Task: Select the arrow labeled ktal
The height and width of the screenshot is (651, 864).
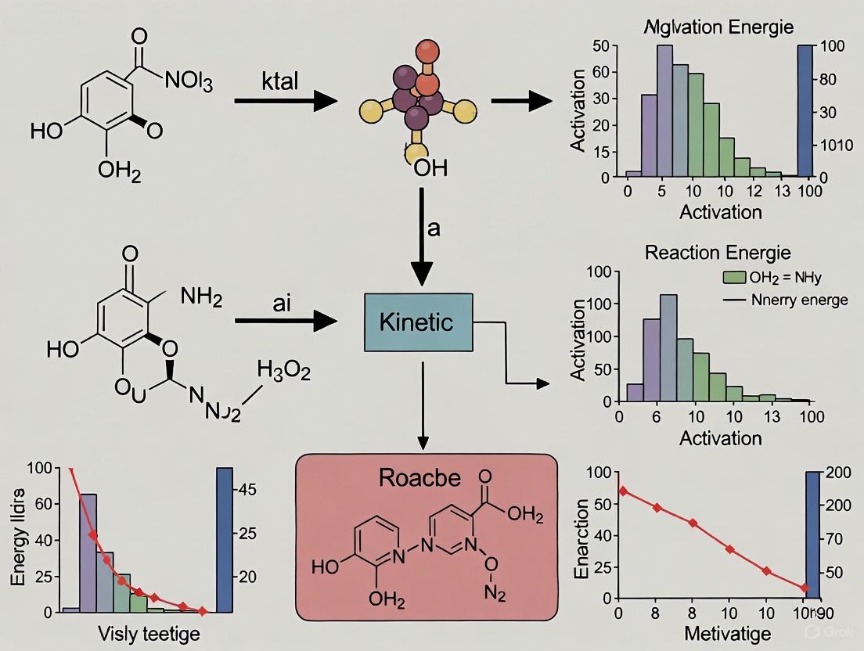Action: [285, 100]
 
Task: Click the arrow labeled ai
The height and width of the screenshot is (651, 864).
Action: [285, 319]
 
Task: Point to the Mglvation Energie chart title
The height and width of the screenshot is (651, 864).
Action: [718, 27]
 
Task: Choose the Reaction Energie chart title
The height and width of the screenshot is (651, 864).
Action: [718, 253]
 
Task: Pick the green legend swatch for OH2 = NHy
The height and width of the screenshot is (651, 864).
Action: [732, 276]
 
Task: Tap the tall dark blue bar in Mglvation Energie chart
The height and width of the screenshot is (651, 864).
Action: [805, 111]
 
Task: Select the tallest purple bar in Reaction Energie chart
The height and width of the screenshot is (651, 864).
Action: [668, 347]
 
